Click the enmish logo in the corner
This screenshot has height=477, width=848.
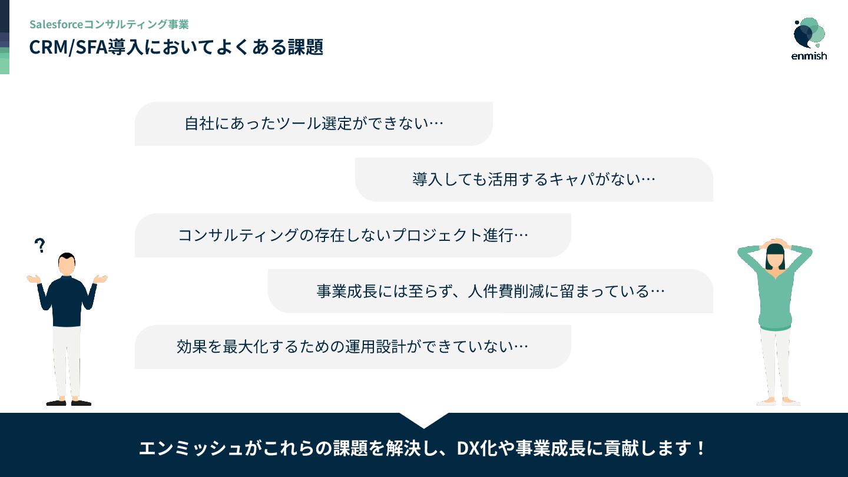[x=809, y=39]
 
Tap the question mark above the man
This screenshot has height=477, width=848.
[x=40, y=246]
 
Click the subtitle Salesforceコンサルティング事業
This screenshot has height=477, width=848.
[x=109, y=24]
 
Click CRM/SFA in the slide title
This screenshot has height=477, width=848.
[x=67, y=47]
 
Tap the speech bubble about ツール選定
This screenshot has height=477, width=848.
[x=313, y=124]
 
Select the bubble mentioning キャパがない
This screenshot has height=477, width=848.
[x=534, y=180]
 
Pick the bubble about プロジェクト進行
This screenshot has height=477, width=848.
[x=352, y=236]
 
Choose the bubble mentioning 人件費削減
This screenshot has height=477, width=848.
[x=490, y=291]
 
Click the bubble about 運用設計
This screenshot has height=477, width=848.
[x=352, y=347]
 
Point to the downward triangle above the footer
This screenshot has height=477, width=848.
[x=424, y=419]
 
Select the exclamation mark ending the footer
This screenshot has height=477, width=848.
[x=700, y=449]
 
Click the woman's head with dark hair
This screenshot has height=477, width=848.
[x=775, y=254]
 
